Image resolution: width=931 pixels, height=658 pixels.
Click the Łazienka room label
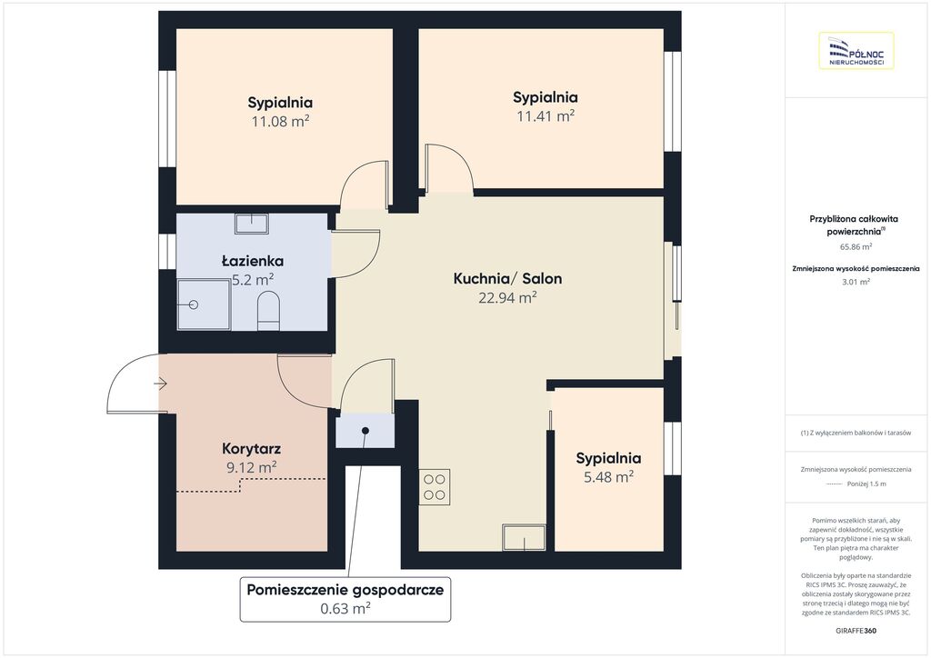tap(253, 261)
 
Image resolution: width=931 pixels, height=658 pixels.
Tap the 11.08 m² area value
tap(280, 122)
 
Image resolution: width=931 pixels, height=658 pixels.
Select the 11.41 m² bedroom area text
tap(546, 116)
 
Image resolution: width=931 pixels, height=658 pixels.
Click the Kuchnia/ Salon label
tap(507, 278)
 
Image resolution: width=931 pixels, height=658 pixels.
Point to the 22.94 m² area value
tap(507, 298)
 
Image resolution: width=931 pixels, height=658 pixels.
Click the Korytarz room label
tap(251, 449)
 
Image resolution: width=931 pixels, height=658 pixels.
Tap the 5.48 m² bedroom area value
tap(608, 477)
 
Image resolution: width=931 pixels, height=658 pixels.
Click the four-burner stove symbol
tap(434, 487)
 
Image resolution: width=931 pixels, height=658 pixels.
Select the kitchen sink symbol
tap(524, 537)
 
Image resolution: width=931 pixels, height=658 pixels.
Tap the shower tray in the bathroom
tap(204, 304)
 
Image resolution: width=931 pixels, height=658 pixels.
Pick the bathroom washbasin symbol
tap(252, 224)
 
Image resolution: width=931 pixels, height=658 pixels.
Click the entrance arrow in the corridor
tap(160, 384)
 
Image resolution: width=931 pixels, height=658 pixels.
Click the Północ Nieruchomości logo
tap(856, 51)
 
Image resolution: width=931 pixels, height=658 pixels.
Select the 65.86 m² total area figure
tap(856, 247)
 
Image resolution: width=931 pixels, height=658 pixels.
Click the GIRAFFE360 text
tap(856, 631)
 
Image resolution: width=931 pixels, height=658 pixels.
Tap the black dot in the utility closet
tap(365, 431)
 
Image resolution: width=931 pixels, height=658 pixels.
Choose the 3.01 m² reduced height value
tap(856, 282)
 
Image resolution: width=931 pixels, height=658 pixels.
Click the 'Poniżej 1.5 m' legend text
tap(866, 484)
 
